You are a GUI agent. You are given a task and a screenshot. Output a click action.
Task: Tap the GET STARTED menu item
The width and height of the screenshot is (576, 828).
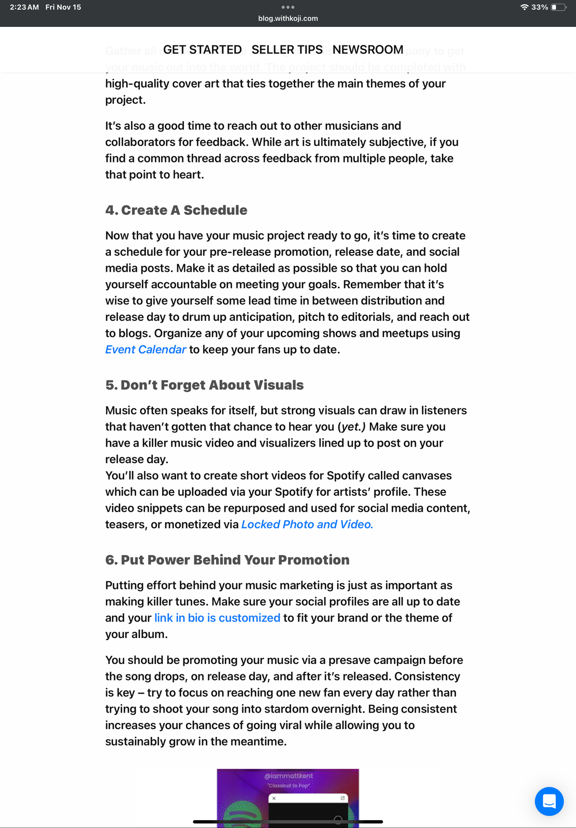[202, 50]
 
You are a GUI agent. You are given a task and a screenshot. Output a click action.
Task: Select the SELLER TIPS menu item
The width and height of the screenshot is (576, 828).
[287, 50]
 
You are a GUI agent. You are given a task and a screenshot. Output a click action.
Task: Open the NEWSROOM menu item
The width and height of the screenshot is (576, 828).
[368, 50]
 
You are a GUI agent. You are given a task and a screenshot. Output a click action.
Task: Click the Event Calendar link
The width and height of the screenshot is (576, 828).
[146, 350]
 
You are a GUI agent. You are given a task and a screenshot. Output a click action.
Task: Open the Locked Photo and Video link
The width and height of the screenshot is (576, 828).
[307, 525]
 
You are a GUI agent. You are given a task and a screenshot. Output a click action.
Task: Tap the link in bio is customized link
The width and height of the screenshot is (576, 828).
[217, 618]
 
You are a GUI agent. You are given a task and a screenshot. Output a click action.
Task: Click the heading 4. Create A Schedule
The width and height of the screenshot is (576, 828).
[176, 210]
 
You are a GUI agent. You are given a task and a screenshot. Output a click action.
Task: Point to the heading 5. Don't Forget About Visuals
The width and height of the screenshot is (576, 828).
[204, 385]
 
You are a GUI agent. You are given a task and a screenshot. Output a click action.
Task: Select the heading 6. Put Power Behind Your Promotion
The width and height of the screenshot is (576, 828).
[227, 560]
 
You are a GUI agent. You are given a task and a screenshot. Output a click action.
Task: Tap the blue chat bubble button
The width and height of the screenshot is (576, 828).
[549, 801]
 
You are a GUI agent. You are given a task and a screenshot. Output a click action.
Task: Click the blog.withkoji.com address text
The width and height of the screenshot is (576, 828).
[288, 19]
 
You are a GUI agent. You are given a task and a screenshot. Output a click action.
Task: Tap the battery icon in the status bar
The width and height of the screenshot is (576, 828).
[558, 7]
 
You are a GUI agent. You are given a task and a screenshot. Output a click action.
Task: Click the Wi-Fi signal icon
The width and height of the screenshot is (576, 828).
[524, 7]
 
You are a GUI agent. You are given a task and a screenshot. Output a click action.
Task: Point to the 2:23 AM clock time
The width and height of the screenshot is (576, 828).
[24, 7]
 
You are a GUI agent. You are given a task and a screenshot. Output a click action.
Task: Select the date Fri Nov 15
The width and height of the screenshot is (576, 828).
[63, 7]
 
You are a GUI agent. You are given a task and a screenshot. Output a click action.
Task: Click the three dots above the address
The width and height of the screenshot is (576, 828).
[288, 7]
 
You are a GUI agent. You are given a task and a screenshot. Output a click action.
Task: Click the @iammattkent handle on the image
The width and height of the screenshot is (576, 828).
[288, 776]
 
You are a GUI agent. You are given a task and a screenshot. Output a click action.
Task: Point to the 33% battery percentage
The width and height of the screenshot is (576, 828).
[540, 7]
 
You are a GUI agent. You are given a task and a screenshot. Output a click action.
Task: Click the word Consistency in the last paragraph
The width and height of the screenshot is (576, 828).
[427, 676]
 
